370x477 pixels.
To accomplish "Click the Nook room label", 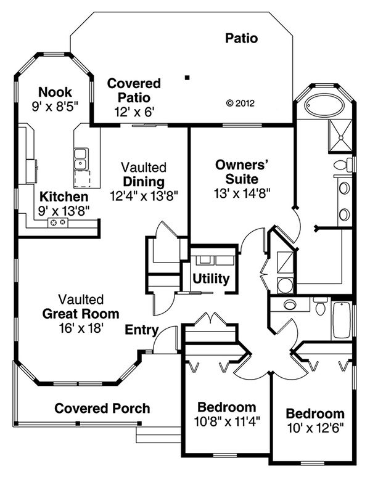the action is coord(55,92).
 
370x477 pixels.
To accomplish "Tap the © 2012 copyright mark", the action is coord(240,104).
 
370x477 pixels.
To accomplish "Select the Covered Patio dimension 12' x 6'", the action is coord(134,112).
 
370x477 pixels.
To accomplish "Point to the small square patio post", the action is coord(187,78).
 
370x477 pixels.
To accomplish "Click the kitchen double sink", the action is coord(81,159).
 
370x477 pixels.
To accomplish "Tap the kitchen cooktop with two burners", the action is coord(58,222).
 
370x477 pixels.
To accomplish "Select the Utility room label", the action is coord(211,279).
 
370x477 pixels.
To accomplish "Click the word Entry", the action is coord(142,330).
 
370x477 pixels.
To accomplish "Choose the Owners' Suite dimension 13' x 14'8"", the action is coord(242,193).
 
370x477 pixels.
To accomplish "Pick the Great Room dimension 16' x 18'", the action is coord(81,328).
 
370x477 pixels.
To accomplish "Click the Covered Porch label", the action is coord(102,408).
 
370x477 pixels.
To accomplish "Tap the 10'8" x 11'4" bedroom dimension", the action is coord(227,422).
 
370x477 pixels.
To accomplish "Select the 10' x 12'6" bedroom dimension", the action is coord(315,428).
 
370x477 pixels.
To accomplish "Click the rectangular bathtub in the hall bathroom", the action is coord(342,320).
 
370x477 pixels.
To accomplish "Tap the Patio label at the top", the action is coord(242,38).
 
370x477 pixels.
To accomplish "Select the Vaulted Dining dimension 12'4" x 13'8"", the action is coord(144,196).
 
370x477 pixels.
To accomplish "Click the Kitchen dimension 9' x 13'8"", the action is coord(64,211).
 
